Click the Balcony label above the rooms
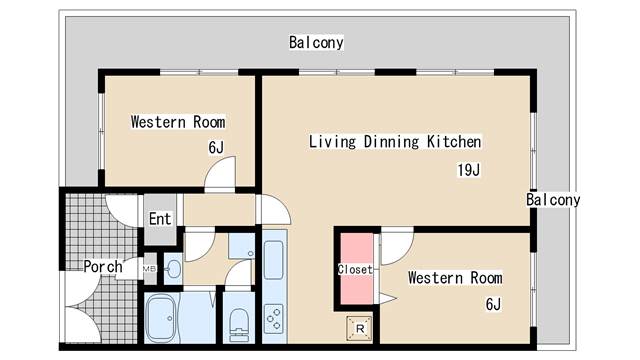tap(316, 42)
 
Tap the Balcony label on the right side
tap(553, 200)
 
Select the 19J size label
tap(469, 170)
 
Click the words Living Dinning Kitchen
tap(395, 142)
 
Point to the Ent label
tap(160, 219)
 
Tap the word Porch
tap(103, 267)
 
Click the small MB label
tap(149, 269)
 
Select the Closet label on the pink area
tap(355, 269)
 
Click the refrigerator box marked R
tap(360, 329)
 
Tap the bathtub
tap(161, 318)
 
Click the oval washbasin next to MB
tap(173, 269)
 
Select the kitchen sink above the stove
tap(273, 260)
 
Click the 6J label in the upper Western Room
tap(216, 147)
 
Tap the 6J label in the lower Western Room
tap(493, 304)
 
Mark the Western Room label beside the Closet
tap(455, 278)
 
